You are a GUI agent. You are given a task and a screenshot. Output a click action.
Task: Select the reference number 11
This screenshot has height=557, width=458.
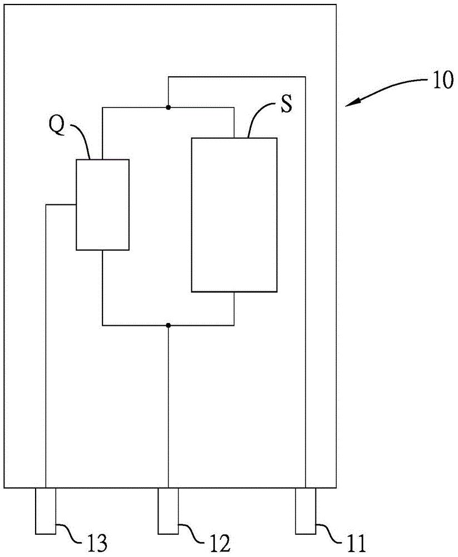[x=356, y=543]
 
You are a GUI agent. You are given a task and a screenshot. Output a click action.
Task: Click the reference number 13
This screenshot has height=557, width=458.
[x=96, y=543]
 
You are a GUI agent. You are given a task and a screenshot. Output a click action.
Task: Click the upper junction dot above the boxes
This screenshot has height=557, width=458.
[x=168, y=107]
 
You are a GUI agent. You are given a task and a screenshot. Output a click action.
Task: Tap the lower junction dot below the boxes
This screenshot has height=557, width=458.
[x=168, y=325]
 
